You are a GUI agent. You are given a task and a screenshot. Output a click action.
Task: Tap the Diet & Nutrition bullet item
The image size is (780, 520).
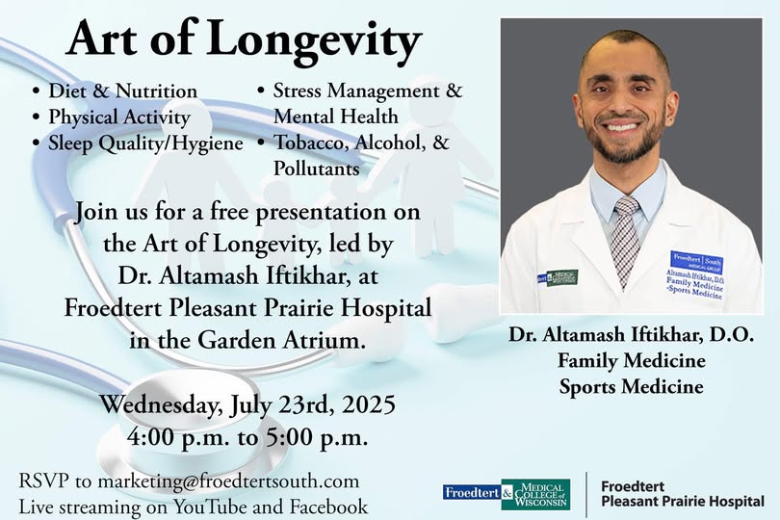[123, 91]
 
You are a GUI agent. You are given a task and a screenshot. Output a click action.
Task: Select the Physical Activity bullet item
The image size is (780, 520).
[119, 117]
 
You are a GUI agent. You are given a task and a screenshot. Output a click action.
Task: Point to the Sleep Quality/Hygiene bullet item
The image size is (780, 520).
[145, 143]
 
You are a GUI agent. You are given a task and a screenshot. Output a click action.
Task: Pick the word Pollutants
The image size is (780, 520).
[317, 169]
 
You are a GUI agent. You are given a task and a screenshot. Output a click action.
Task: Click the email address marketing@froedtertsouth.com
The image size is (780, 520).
[228, 481]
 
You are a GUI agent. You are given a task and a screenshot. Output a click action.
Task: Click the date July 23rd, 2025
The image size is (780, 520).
[313, 404]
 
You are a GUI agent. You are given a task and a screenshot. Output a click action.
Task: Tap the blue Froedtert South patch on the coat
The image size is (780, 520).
[696, 262]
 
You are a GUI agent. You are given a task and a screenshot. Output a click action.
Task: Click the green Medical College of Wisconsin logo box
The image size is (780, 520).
[535, 494]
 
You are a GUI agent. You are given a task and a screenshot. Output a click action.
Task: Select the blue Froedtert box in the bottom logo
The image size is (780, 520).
[472, 493]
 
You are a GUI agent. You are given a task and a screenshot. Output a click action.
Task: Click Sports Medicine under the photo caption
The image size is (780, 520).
[632, 386]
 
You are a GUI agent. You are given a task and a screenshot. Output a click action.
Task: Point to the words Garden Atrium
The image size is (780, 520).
[278, 340]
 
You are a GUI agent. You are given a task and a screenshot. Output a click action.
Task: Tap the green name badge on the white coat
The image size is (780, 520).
[562, 277]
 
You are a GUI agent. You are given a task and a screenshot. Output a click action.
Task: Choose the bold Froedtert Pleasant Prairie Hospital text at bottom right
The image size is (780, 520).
[683, 494]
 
